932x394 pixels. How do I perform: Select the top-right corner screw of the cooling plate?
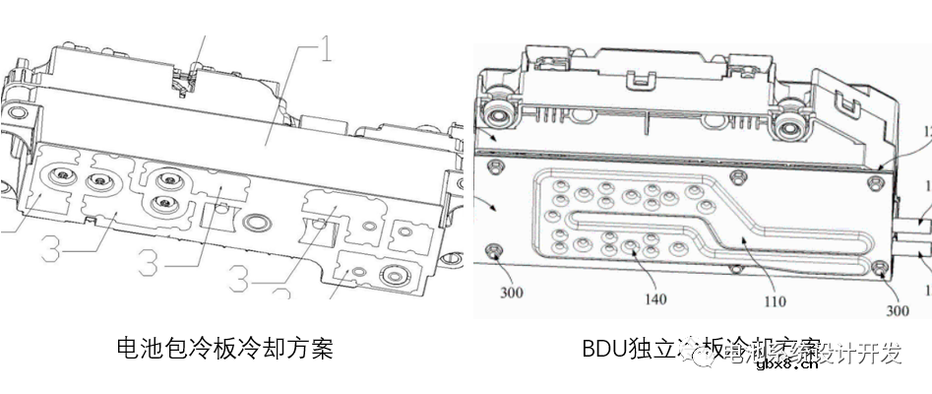(x=878, y=183)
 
